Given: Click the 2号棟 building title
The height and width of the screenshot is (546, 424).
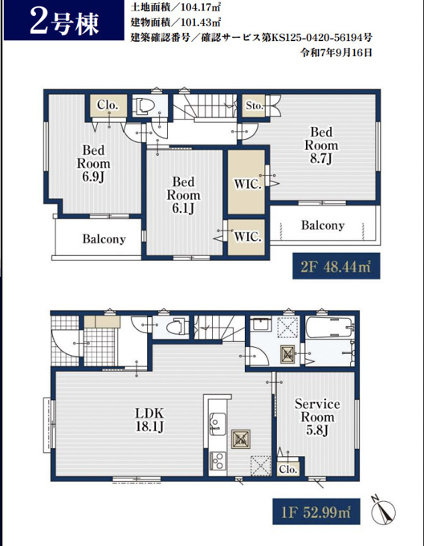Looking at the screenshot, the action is [x=64, y=22].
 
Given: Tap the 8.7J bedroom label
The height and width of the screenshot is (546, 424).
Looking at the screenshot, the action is [x=321, y=145].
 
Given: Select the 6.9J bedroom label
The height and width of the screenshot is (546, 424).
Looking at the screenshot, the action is [x=93, y=164].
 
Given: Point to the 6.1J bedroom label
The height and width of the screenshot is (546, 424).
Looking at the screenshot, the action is [x=183, y=195].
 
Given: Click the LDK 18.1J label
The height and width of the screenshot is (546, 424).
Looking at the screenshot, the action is [x=149, y=420].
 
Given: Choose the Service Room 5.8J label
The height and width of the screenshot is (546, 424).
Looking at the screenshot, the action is [x=317, y=417].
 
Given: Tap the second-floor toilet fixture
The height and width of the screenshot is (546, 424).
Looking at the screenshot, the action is [x=144, y=105].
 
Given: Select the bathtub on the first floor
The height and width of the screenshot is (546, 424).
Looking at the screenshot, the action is [x=330, y=327].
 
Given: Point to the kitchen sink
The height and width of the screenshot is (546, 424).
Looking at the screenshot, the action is [x=218, y=424].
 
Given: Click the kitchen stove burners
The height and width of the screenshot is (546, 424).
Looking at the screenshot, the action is [x=218, y=461].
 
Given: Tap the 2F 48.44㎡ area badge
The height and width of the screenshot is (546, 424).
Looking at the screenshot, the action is [x=336, y=267].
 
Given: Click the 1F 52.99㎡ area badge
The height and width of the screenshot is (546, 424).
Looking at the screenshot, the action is [x=316, y=512].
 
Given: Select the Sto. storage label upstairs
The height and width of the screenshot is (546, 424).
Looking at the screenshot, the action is [x=255, y=105].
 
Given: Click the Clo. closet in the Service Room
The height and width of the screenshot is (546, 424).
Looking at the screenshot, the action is [x=288, y=470].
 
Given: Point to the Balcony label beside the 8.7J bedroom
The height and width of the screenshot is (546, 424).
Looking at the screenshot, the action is [x=323, y=226].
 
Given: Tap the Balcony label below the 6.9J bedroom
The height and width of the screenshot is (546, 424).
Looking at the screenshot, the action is [x=104, y=239].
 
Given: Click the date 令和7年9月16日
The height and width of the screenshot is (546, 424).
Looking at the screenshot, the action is [x=336, y=52].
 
